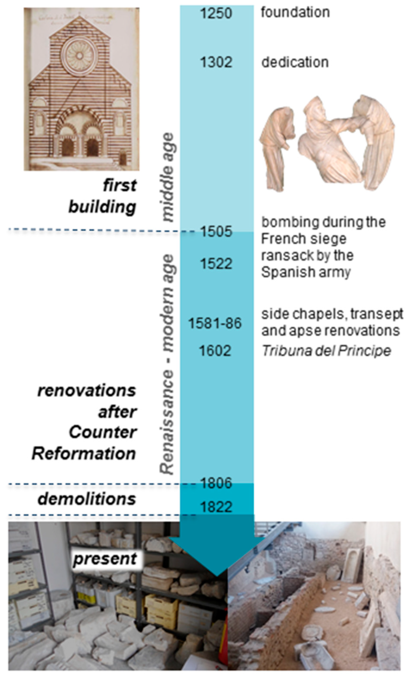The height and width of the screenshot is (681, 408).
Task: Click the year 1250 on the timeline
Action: [216, 13]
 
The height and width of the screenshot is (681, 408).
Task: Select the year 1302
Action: [216, 62]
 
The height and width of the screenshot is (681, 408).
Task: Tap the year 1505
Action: [216, 231]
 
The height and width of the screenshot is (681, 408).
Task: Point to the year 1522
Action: [216, 264]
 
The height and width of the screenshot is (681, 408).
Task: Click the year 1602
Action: [215, 351]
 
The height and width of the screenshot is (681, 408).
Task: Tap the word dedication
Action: [295, 62]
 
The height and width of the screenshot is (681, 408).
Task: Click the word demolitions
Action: [87, 499]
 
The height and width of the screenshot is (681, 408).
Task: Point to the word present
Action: [105, 559]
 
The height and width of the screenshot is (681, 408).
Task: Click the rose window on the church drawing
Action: [79, 56]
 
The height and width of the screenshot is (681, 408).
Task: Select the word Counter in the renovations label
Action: [102, 432]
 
